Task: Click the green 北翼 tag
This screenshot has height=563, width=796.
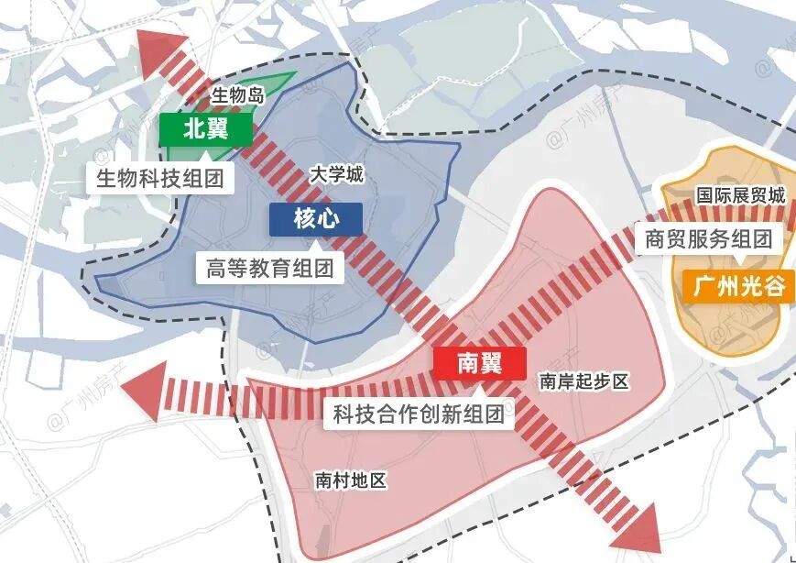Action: [205, 129]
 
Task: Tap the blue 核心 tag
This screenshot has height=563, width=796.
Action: [315, 218]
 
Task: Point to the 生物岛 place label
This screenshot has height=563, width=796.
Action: [237, 94]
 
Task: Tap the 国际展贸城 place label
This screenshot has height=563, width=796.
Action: [740, 195]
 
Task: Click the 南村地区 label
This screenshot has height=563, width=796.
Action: [351, 480]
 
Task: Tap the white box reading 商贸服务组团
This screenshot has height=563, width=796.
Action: [708, 240]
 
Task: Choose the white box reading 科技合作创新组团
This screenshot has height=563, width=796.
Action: [419, 414]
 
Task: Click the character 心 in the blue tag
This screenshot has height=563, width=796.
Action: [327, 218]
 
